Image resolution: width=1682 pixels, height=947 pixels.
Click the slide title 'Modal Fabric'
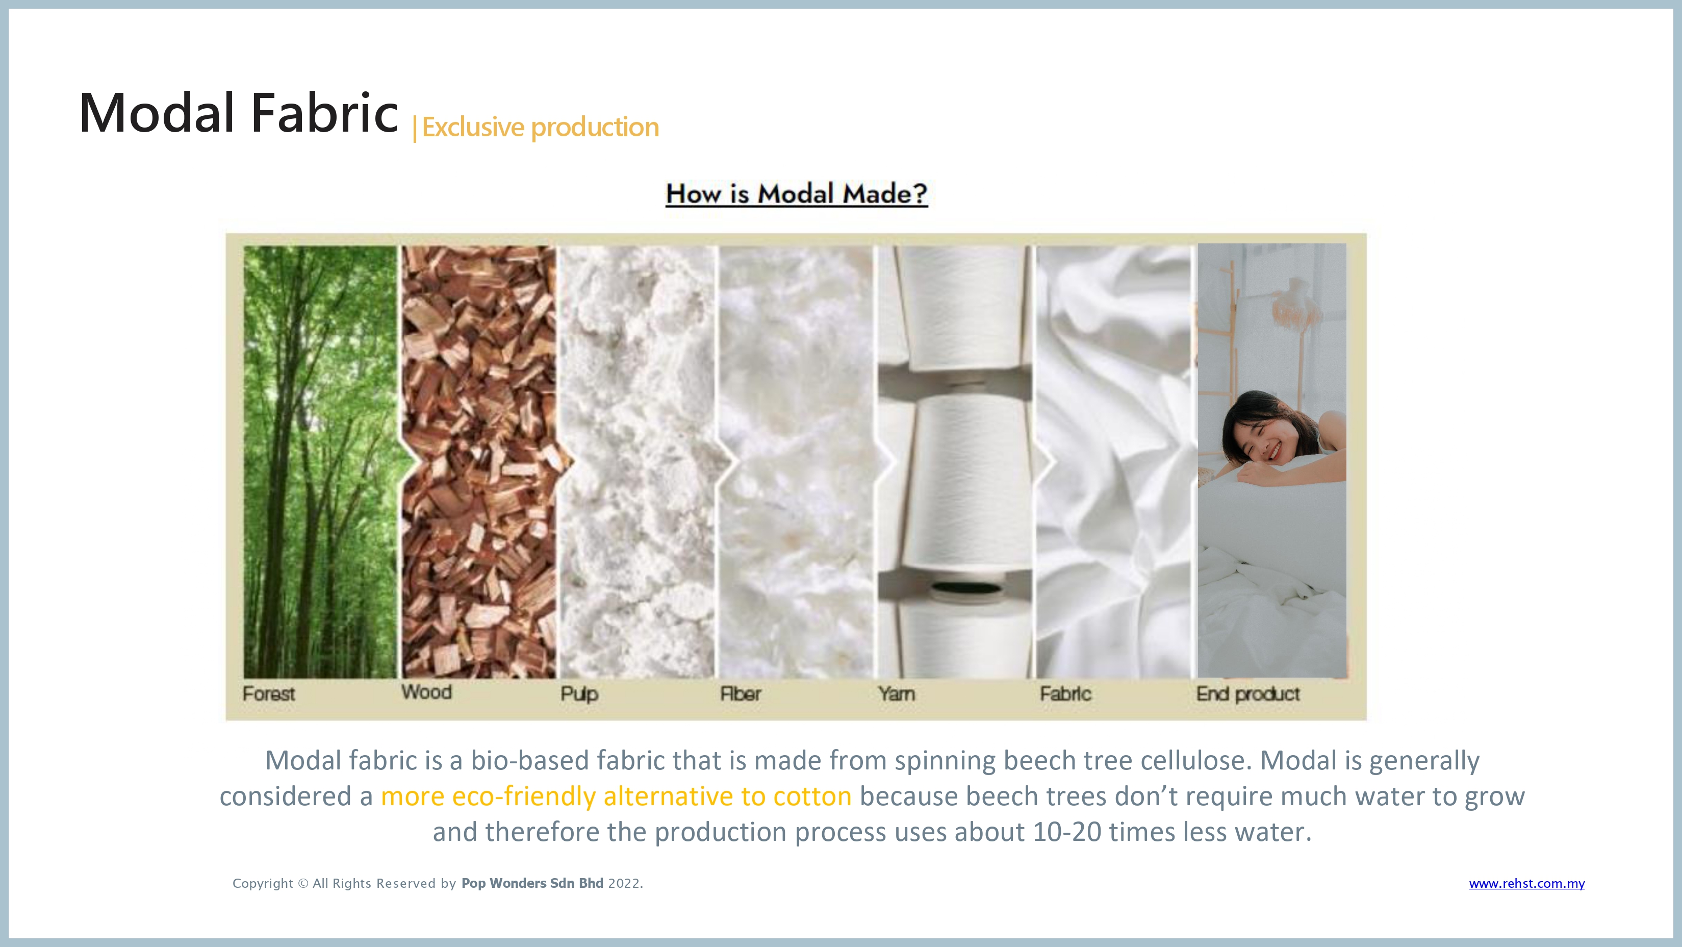click(238, 112)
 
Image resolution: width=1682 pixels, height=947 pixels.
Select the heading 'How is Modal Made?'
click(797, 194)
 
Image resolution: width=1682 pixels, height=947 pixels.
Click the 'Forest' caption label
click(268, 693)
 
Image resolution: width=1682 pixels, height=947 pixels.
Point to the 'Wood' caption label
click(426, 692)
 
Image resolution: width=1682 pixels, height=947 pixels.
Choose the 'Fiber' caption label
click(741, 693)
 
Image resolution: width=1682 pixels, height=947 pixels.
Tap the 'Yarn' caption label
click(897, 693)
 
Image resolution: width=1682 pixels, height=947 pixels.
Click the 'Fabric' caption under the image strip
click(1065, 693)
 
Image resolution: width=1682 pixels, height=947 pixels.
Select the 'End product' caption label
click(1248, 693)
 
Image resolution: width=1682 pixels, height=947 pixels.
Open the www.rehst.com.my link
click(1526, 884)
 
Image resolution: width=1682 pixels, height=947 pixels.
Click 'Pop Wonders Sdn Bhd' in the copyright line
click(532, 884)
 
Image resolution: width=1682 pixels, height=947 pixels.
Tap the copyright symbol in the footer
click(303, 884)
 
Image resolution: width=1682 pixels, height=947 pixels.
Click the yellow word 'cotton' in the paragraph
click(812, 796)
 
